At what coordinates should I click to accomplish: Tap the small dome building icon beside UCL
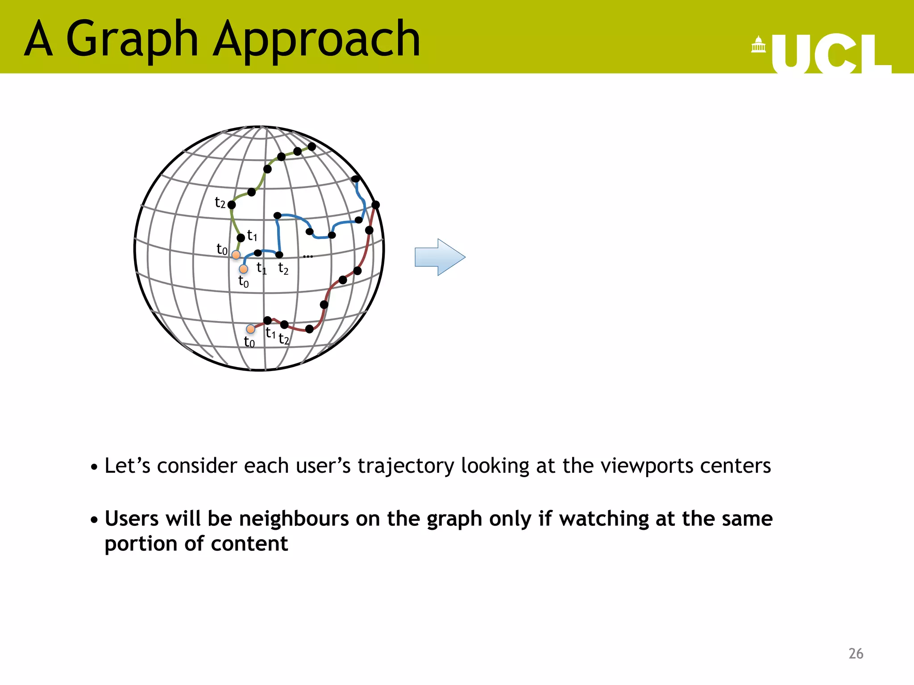(x=758, y=45)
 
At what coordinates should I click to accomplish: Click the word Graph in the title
(x=132, y=40)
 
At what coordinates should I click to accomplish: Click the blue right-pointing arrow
(x=440, y=257)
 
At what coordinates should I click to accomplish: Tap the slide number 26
(x=856, y=653)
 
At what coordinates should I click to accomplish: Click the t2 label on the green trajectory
(x=220, y=203)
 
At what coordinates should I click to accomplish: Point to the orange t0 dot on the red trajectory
(x=251, y=329)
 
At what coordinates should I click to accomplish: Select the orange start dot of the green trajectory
(x=236, y=255)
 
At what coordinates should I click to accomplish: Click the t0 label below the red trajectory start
(x=249, y=342)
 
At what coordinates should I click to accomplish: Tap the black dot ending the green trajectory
(x=312, y=146)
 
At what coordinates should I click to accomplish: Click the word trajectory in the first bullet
(x=406, y=466)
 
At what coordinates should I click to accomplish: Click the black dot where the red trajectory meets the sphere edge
(x=376, y=205)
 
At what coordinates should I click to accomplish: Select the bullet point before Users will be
(x=94, y=520)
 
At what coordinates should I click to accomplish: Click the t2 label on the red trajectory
(x=284, y=339)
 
